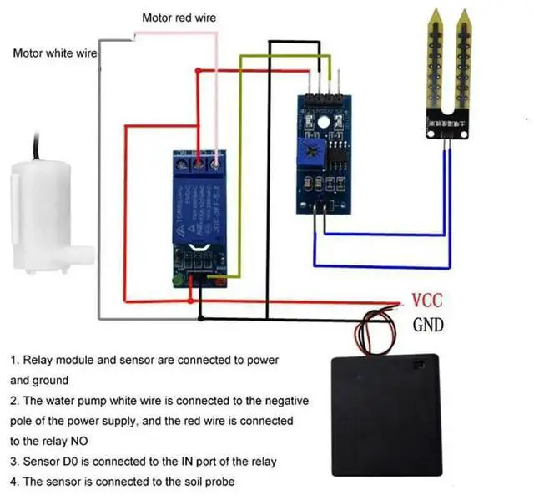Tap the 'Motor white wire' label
tap(55, 53)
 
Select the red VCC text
tap(427, 301)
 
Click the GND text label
tap(429, 325)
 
